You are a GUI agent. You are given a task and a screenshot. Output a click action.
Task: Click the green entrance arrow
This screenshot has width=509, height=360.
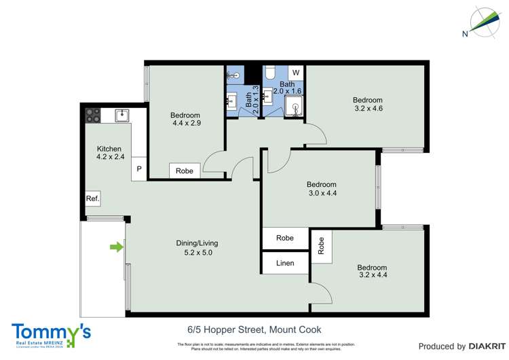tap(117, 247)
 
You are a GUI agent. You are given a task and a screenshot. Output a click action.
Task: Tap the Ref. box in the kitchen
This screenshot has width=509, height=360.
tap(93, 198)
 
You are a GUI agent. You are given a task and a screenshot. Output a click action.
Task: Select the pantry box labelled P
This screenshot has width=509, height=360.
tap(139, 169)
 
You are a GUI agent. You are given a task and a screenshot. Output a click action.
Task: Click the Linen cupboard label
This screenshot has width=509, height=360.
tap(285, 262)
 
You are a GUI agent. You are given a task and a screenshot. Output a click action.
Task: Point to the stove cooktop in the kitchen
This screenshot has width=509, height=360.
tap(93, 115)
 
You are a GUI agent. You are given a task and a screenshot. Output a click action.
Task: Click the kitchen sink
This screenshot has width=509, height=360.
tap(123, 115)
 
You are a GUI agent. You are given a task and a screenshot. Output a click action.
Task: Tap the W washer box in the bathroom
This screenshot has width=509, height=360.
tap(295, 72)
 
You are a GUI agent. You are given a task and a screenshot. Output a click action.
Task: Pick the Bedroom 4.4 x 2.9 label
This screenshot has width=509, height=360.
tap(185, 120)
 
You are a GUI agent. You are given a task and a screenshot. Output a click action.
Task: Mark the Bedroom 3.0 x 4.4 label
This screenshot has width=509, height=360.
tap(321, 189)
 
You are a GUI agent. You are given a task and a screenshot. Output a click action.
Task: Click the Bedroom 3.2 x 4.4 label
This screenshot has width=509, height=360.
tap(372, 272)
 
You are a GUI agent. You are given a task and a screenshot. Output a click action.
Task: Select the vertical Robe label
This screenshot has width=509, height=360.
tap(322, 243)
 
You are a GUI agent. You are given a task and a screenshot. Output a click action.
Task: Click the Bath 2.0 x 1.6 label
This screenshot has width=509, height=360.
tap(287, 88)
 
